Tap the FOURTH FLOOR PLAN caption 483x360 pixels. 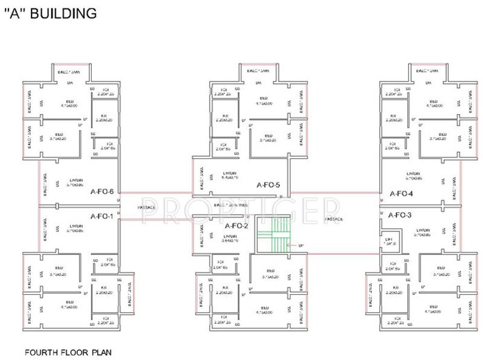(67, 350)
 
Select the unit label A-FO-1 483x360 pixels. (102, 216)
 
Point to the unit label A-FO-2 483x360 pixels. (236, 225)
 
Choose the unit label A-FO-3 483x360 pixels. (400, 215)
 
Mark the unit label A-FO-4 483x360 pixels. (401, 194)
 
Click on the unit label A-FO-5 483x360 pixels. (268, 185)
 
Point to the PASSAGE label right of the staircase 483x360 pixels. (334, 219)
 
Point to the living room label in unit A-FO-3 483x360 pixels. (421, 232)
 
